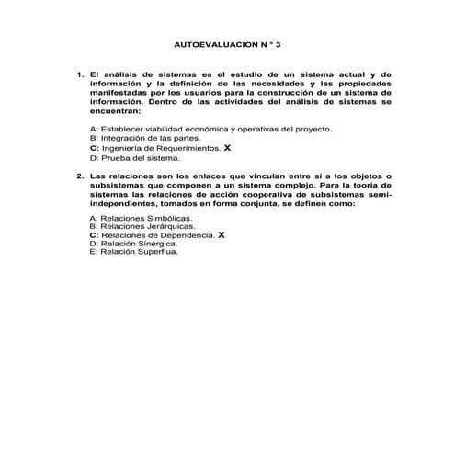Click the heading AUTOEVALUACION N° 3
tap(226, 43)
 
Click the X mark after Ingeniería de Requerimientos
tap(227, 147)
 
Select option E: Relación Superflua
tap(133, 251)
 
